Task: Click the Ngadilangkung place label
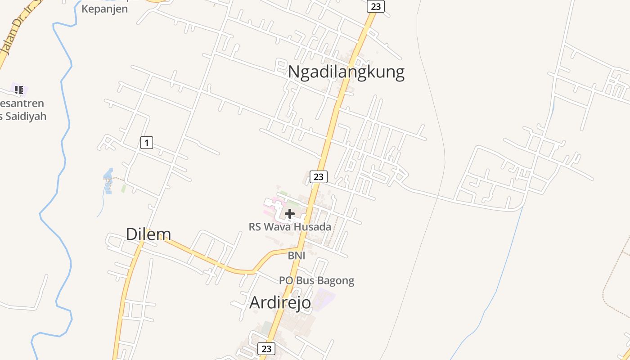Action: pyautogui.click(x=346, y=72)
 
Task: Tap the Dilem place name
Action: pyautogui.click(x=148, y=234)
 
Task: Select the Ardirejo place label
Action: pyautogui.click(x=280, y=302)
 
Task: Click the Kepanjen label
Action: pyautogui.click(x=105, y=9)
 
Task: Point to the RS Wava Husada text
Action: pyautogui.click(x=290, y=227)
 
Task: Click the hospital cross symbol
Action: pyautogui.click(x=290, y=214)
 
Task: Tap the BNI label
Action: pyautogui.click(x=297, y=256)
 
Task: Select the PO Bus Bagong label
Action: pyautogui.click(x=316, y=281)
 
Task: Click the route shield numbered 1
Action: pyautogui.click(x=146, y=143)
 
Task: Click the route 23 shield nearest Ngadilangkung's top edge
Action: pyautogui.click(x=375, y=6)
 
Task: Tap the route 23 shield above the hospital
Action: pyautogui.click(x=318, y=177)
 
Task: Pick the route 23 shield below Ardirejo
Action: pyautogui.click(x=266, y=349)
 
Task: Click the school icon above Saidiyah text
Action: pyautogui.click(x=18, y=90)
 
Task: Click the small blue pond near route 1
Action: pyautogui.click(x=108, y=180)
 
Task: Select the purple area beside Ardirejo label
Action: pyautogui.click(x=324, y=298)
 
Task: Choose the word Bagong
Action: pyautogui.click(x=336, y=281)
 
